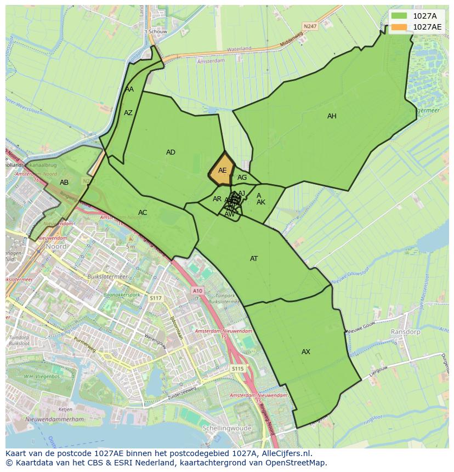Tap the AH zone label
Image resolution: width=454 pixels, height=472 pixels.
point(332,116)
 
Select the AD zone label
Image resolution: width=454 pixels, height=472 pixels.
point(171,152)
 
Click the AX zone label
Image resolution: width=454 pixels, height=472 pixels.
point(306,352)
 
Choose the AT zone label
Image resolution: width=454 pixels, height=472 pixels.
point(254,259)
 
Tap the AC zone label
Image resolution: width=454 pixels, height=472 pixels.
point(143,213)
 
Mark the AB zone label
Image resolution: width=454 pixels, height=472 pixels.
point(64,183)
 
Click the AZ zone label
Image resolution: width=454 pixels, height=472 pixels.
point(128,113)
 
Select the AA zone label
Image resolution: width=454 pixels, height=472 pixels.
point(129,89)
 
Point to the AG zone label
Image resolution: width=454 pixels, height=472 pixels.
point(242,178)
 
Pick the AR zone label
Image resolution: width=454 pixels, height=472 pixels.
point(217,199)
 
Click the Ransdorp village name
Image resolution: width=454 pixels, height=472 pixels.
point(405,332)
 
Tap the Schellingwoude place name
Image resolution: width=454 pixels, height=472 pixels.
point(226,428)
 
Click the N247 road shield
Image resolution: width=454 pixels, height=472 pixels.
point(310,26)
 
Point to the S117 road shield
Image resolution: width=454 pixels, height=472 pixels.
point(156,298)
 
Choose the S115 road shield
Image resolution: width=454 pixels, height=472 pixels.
point(237,369)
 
